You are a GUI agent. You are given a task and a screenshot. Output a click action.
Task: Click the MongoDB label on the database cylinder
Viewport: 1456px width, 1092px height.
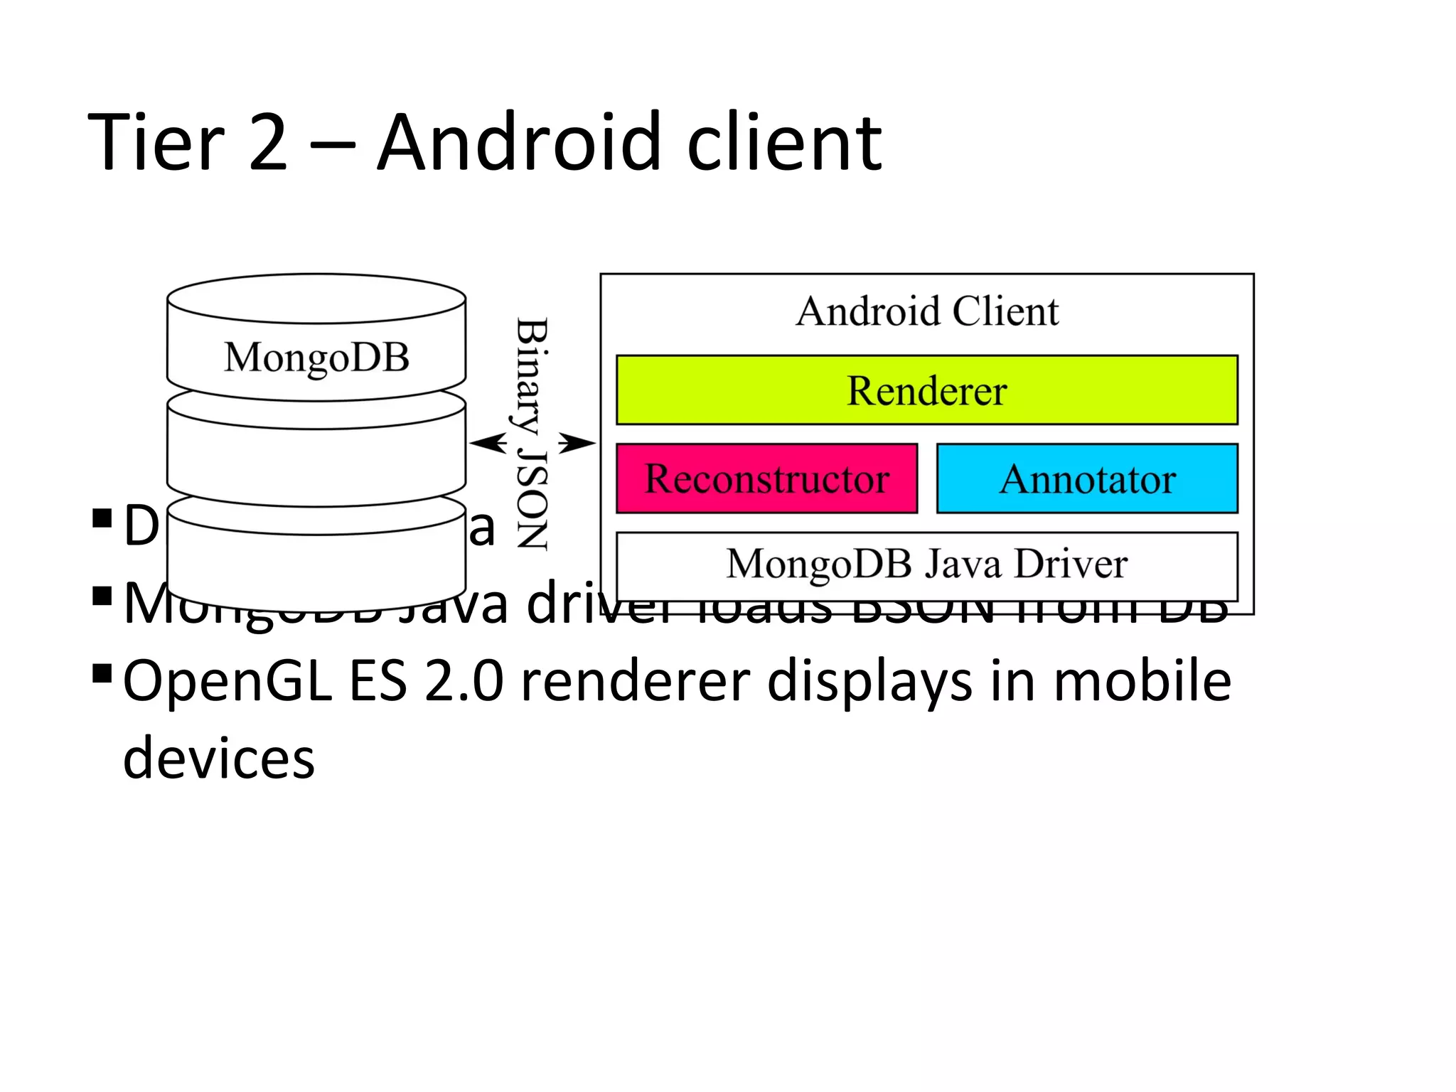click(x=316, y=357)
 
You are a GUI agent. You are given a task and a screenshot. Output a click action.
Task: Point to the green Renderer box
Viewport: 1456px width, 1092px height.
click(x=926, y=390)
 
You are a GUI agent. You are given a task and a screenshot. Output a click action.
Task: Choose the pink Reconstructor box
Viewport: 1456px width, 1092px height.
click(x=766, y=478)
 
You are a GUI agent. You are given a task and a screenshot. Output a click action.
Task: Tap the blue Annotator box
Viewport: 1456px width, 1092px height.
click(x=1087, y=478)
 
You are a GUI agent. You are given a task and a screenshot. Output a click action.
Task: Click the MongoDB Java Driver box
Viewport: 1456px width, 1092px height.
click(x=926, y=564)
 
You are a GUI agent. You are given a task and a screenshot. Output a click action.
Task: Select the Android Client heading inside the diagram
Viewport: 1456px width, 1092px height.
click(x=926, y=311)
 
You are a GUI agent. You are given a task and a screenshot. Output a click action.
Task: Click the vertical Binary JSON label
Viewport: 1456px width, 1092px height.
click(x=532, y=434)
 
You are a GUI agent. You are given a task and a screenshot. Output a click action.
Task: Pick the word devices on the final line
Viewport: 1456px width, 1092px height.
click(x=218, y=758)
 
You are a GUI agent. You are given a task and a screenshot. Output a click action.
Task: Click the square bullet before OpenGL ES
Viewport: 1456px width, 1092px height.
click(x=102, y=673)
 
